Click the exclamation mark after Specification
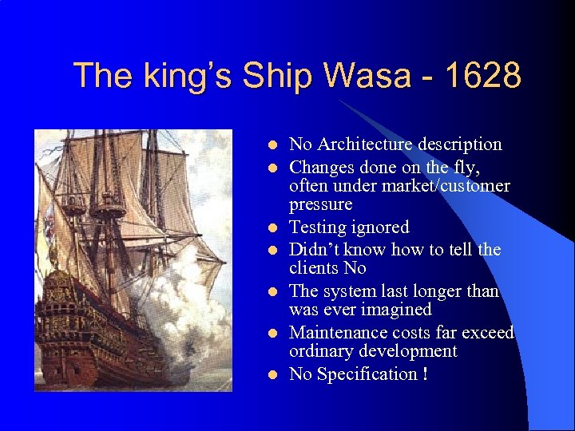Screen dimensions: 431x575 (425, 374)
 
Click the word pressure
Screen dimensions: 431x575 (320, 204)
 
